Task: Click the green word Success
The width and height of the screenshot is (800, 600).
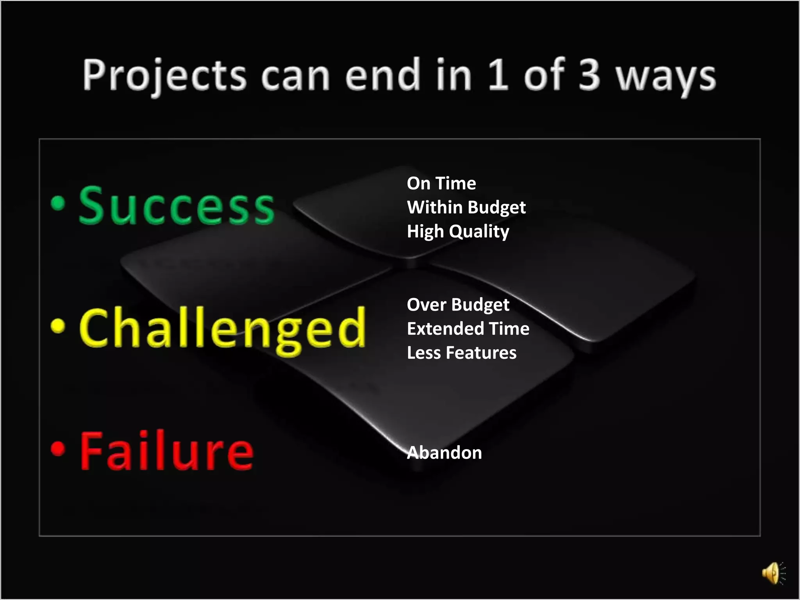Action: pos(177,206)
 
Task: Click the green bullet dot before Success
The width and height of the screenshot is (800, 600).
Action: pos(58,203)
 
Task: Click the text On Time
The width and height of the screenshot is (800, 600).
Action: pos(441,183)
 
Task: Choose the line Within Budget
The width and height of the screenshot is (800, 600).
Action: pos(466,207)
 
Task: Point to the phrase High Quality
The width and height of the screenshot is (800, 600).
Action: pos(458,231)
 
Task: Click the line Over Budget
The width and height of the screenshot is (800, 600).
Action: pos(458,305)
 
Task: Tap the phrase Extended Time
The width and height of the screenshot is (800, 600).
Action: pos(468,329)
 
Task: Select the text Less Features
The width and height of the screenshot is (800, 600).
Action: pos(461,353)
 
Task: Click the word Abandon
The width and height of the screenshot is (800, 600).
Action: pos(444,453)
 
